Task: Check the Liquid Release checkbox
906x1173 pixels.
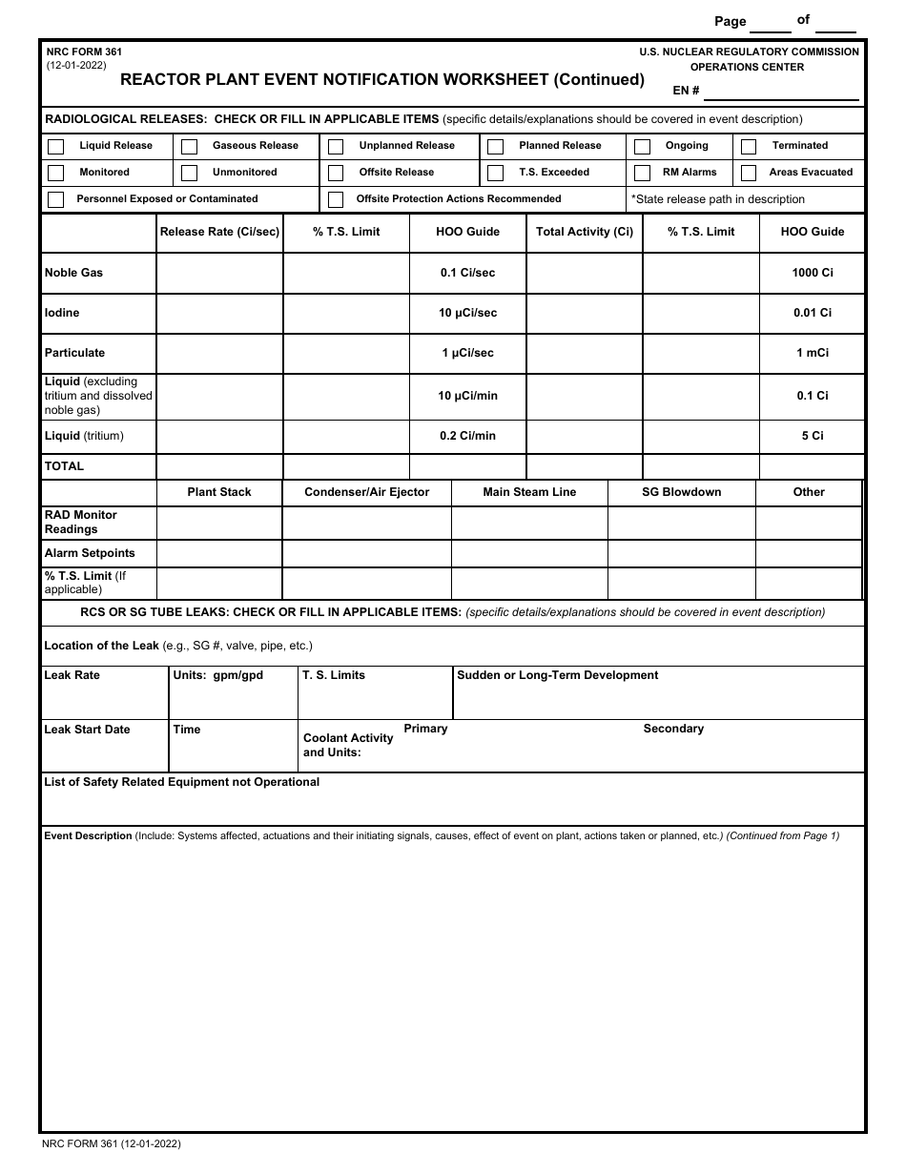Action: tap(56, 147)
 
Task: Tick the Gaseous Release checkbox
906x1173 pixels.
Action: tap(190, 147)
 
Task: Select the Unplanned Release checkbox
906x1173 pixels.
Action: tap(336, 147)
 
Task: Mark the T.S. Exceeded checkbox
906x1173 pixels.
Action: tap(495, 174)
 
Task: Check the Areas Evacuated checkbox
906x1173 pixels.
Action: tap(749, 174)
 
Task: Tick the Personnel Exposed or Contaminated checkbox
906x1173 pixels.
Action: tap(56, 200)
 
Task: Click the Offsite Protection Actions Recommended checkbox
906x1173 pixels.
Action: tap(336, 200)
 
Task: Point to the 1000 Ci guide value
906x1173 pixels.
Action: tap(812, 273)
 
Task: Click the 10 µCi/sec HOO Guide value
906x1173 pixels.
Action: tap(467, 313)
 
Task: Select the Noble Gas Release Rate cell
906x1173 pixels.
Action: tap(219, 273)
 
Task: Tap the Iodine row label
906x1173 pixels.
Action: tap(62, 313)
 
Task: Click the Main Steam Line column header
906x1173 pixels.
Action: tap(529, 492)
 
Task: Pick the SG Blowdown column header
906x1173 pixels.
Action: tap(681, 492)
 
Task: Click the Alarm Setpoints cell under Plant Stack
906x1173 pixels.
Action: tap(219, 554)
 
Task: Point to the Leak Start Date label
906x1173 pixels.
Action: tap(87, 730)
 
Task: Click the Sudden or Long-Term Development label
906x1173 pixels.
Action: tap(557, 675)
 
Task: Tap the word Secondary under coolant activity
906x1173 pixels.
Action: tap(673, 729)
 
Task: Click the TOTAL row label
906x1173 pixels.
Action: tap(64, 466)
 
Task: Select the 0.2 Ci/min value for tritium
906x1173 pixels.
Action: tap(467, 436)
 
